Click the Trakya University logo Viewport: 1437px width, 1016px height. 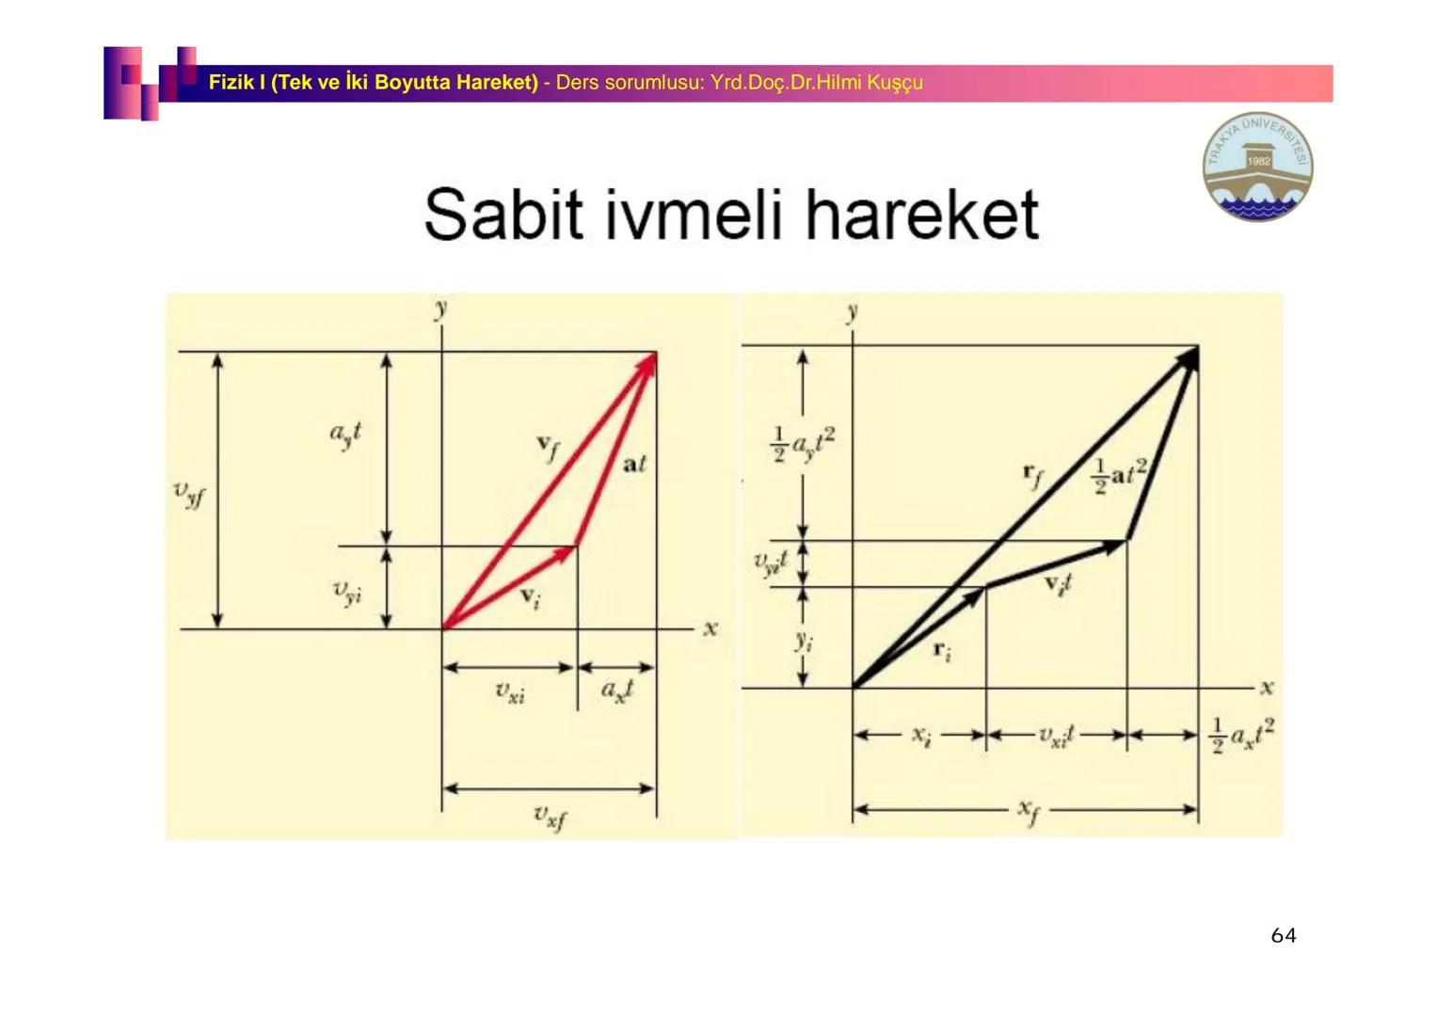coord(1257,167)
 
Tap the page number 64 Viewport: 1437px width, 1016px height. coord(1283,935)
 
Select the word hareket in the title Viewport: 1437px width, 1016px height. coord(921,214)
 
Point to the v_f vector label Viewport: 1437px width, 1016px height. coord(548,447)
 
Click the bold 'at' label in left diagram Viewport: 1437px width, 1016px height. coord(634,464)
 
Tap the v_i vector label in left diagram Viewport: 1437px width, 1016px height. coord(531,597)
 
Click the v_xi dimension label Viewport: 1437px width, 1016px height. coord(510,693)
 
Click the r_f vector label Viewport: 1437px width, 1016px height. coord(1032,475)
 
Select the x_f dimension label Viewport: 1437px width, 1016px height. coord(1029,810)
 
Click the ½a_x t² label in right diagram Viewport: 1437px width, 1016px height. coord(1241,734)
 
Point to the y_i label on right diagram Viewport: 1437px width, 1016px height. coord(803,642)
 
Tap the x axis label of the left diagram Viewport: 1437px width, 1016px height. coord(710,628)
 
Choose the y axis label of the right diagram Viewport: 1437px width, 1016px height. coord(852,312)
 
